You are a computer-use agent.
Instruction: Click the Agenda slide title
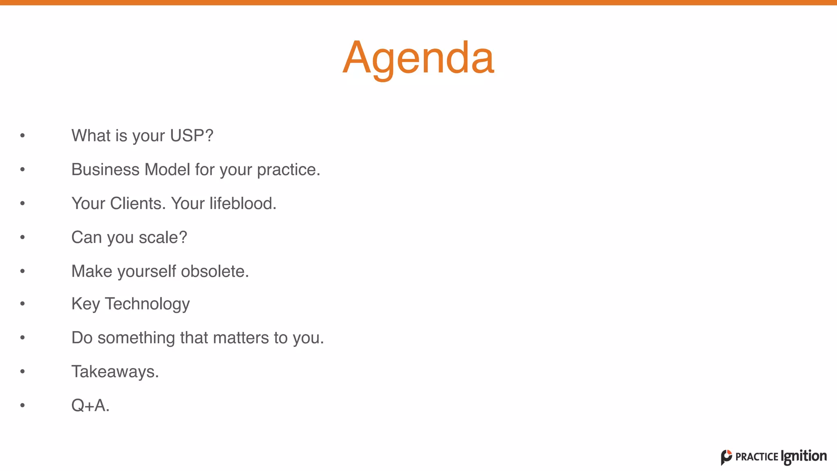(x=418, y=58)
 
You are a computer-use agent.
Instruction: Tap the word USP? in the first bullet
(x=192, y=136)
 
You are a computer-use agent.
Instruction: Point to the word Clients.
(x=138, y=204)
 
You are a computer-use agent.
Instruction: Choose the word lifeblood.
(x=243, y=204)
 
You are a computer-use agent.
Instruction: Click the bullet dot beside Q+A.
(x=22, y=406)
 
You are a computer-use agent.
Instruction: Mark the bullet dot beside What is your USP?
(x=22, y=135)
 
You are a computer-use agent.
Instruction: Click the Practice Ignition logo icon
(x=726, y=457)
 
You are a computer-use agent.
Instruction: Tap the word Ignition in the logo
(x=803, y=456)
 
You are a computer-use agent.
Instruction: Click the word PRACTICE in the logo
(x=756, y=457)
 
